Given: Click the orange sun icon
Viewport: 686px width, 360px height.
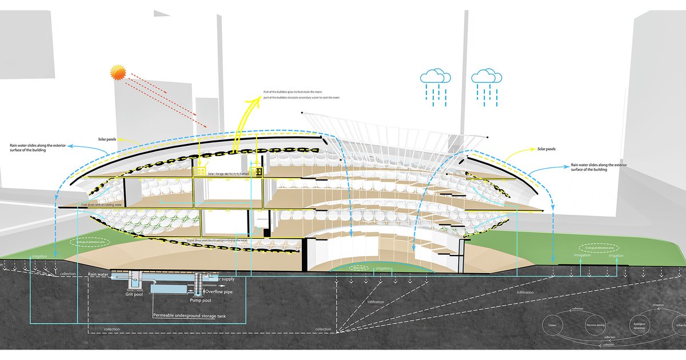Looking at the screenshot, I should click(118, 73).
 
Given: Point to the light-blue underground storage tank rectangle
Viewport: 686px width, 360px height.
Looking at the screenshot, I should click(171, 289).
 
